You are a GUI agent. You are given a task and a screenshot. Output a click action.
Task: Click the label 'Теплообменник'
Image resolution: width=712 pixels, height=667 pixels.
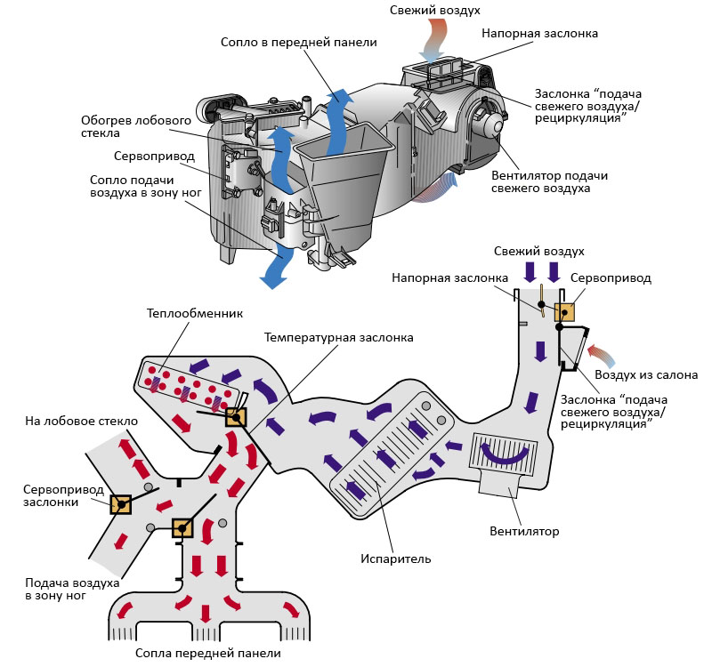195,313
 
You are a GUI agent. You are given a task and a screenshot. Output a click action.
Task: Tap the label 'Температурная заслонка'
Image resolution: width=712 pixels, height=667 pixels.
339,338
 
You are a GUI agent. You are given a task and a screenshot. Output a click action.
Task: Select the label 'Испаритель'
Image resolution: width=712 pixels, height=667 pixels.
396,559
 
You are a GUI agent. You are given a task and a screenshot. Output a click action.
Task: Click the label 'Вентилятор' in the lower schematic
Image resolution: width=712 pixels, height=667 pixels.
524,532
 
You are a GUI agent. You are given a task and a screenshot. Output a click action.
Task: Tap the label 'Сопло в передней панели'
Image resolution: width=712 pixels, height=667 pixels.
299,42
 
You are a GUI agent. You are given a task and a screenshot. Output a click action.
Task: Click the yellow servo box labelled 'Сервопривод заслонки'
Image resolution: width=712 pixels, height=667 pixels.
120,505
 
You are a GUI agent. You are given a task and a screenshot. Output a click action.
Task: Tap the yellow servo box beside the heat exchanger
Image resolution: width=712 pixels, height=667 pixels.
235,417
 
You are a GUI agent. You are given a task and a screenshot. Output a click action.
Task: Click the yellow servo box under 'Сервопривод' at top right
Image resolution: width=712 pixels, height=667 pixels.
564,311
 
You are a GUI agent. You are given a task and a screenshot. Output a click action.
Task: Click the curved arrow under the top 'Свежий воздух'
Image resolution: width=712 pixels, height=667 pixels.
436,37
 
